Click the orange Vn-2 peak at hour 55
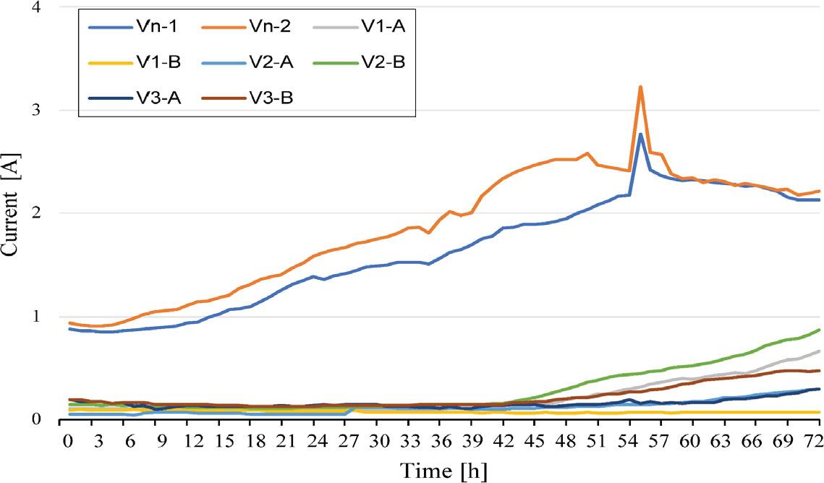tap(640, 87)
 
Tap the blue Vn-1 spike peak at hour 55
tap(640, 134)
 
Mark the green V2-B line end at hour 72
tap(819, 330)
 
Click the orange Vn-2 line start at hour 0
tap(69, 323)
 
